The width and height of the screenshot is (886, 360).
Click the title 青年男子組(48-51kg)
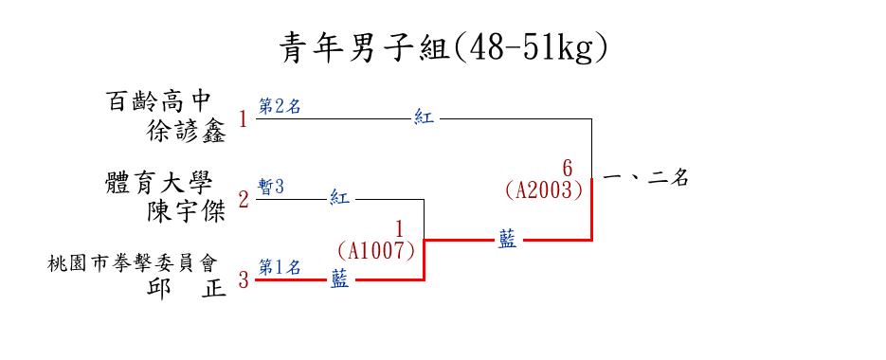[x=444, y=49]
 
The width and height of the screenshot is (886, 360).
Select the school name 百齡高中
[x=158, y=101]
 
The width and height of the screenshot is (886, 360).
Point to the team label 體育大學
[x=158, y=183]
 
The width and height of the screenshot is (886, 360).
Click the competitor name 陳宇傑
[x=187, y=211]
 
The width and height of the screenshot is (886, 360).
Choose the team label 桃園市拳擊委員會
[x=134, y=263]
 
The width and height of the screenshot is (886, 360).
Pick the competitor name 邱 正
[x=187, y=287]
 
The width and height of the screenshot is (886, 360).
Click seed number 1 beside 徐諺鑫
[x=243, y=119]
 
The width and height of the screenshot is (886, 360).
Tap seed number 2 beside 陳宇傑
[x=243, y=200]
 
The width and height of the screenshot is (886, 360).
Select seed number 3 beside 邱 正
[x=243, y=280]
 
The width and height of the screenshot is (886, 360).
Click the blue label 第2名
[x=280, y=106]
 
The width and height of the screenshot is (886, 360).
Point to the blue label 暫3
[x=271, y=187]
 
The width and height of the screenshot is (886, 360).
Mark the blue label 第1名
[x=280, y=267]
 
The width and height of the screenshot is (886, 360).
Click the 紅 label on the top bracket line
[x=424, y=118]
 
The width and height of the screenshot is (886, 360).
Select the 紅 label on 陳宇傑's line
[x=339, y=199]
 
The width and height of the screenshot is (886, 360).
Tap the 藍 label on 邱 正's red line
[x=339, y=279]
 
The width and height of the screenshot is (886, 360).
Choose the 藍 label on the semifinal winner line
[x=507, y=240]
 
